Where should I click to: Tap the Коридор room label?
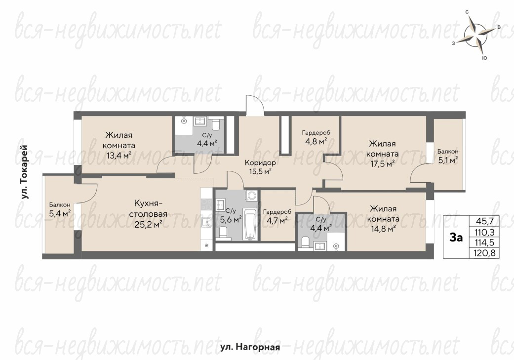(260, 162)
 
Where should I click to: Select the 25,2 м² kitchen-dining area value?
(149, 224)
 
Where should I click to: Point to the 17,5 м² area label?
(382, 163)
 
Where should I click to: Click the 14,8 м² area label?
(383, 229)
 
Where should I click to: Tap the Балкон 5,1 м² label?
(448, 156)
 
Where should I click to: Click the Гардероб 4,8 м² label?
(316, 137)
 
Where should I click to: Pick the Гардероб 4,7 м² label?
(277, 216)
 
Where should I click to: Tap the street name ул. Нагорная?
(250, 347)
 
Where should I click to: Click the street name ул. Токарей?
(24, 172)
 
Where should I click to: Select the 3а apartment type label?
(456, 237)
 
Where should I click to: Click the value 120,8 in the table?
(484, 253)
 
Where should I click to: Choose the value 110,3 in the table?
(485, 233)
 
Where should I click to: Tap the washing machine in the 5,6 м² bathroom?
(251, 196)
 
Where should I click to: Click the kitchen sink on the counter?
(206, 223)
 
